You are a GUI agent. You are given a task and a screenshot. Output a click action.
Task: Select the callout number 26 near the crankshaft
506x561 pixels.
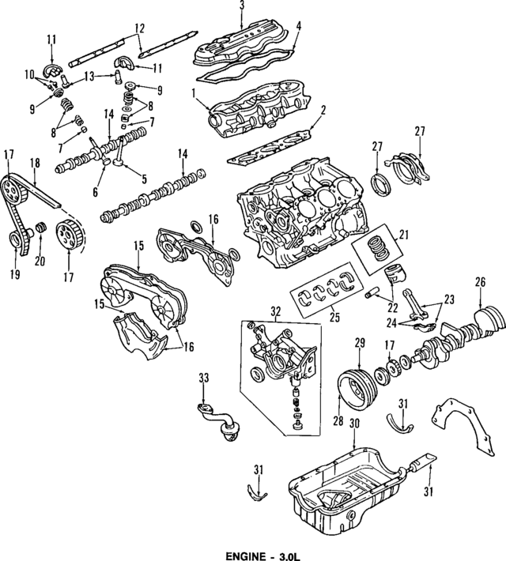[x=479, y=280]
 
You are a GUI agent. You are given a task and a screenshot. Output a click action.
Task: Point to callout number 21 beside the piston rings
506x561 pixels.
[x=404, y=235]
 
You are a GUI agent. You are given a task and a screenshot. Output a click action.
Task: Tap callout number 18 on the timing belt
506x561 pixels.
[x=34, y=162]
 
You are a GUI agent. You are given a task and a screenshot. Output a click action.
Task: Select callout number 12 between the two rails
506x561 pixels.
[x=139, y=28]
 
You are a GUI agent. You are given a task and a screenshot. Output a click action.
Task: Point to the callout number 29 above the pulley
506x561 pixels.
[x=358, y=342]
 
